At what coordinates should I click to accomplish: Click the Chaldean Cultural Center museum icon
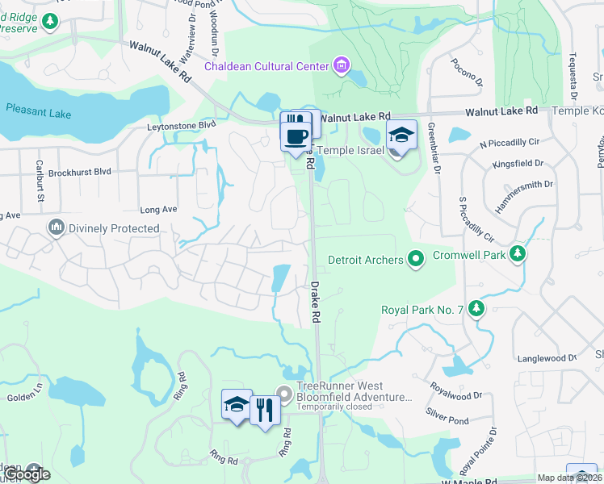[341, 65]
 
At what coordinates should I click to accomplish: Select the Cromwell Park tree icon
[518, 254]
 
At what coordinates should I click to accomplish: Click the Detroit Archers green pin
[416, 260]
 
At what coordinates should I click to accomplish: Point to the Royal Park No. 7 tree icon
[476, 309]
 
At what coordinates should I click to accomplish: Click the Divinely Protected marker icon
[56, 228]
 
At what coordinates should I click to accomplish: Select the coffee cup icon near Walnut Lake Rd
[295, 131]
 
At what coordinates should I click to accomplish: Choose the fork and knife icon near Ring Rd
[264, 409]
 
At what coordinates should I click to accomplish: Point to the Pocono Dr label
[467, 71]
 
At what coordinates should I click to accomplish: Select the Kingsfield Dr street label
[517, 163]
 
